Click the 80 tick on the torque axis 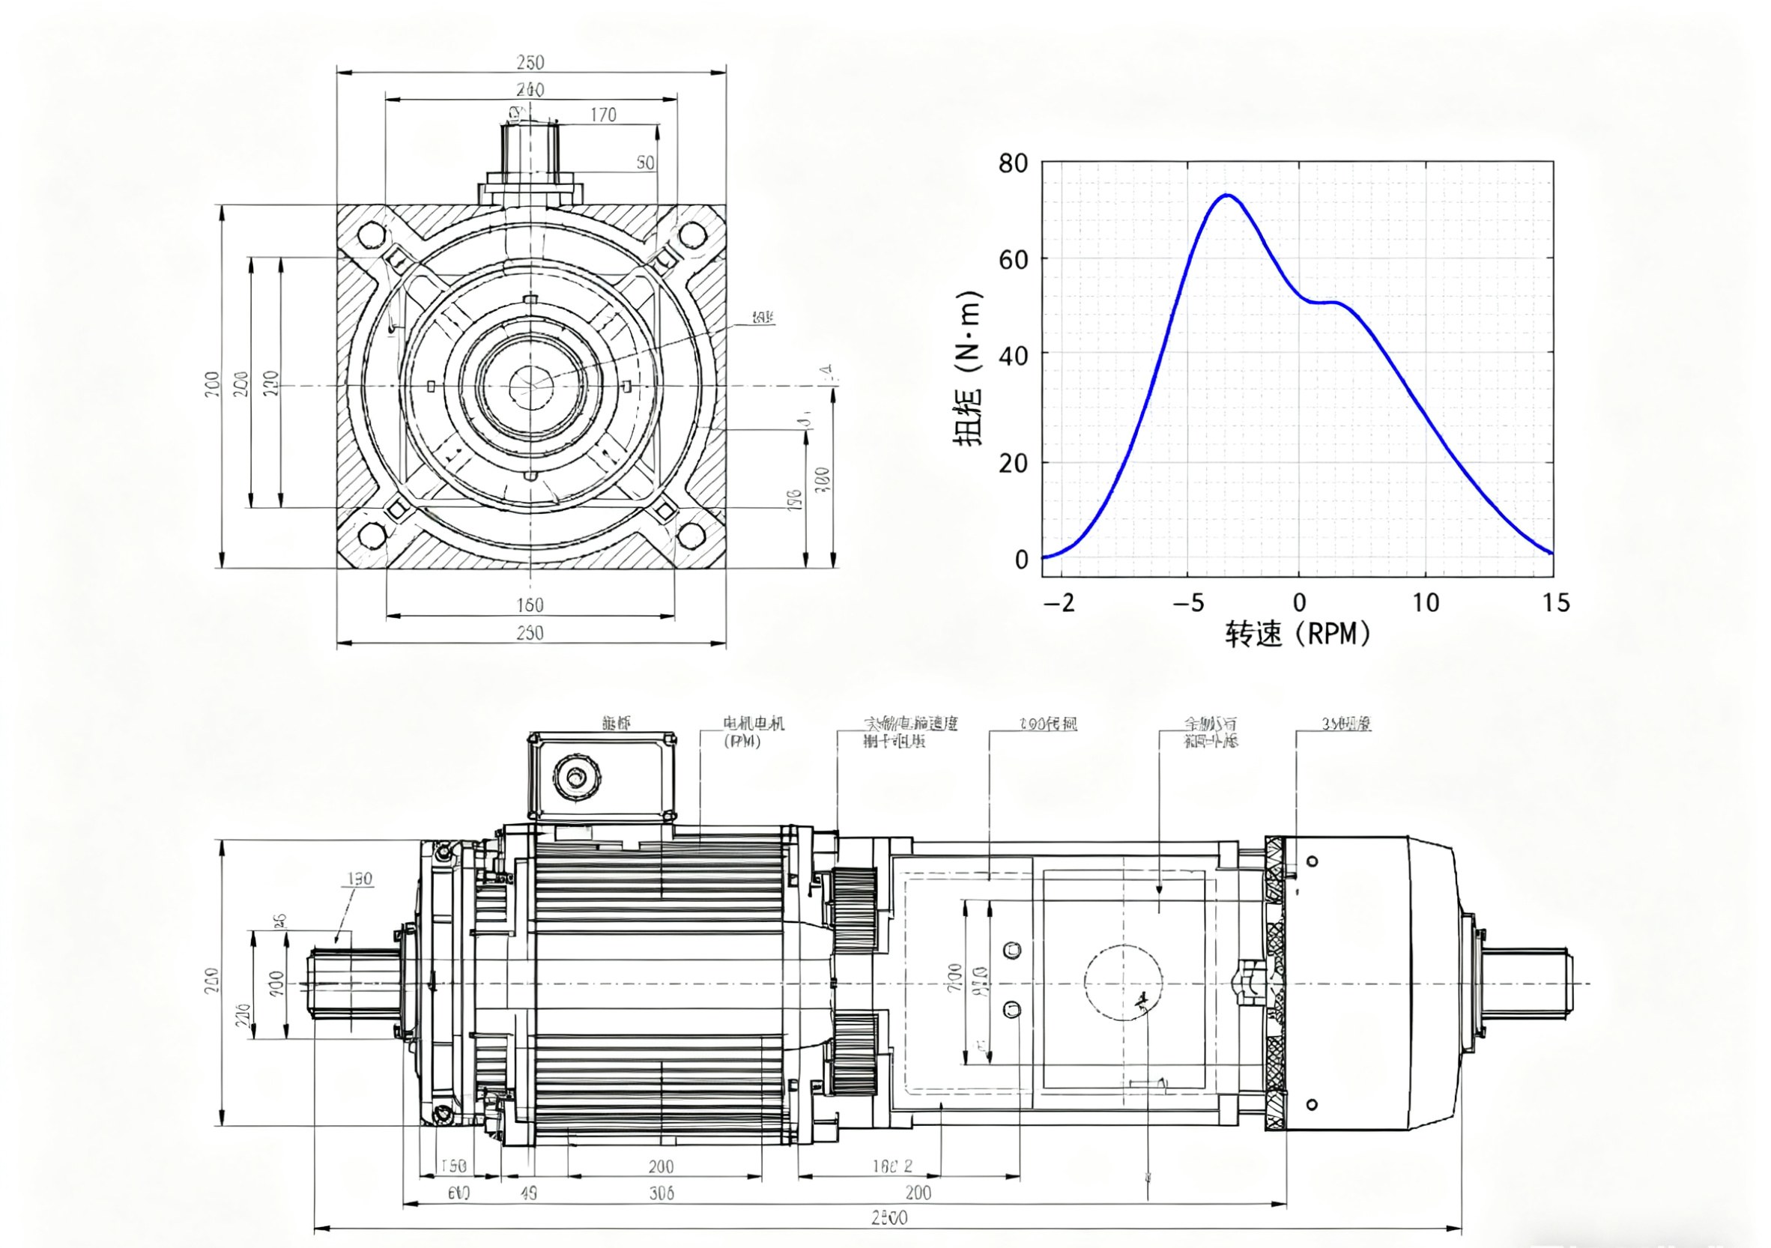point(1014,163)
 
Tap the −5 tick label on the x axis point(1188,602)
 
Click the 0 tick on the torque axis point(1021,560)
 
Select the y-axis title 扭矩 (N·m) point(967,369)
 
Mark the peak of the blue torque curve point(1226,196)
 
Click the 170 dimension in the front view point(603,115)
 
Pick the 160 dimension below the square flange point(530,605)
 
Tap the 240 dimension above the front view point(530,89)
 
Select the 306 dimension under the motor point(661,1193)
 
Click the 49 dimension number point(528,1193)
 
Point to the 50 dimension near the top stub point(645,163)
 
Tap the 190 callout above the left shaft point(360,879)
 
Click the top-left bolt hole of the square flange point(372,234)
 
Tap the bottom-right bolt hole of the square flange point(691,535)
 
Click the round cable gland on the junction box point(575,778)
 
